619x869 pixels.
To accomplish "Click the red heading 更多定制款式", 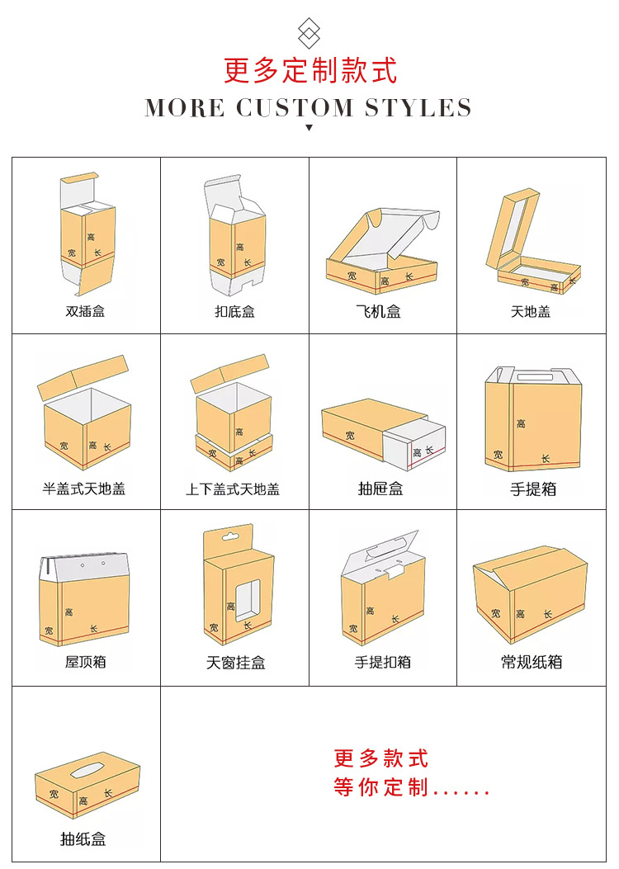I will [309, 71].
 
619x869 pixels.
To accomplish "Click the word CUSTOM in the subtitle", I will [293, 108].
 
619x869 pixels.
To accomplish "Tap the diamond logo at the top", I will [309, 33].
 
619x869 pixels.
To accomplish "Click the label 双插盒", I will [85, 312].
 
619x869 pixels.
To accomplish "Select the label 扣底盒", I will [234, 312].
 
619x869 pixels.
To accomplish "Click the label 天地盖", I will [531, 312].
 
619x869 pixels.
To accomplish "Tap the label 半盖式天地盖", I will [84, 489].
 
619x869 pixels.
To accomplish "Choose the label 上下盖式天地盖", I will [233, 489].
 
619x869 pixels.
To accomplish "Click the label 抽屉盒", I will [380, 489].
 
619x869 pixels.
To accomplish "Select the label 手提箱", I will [533, 489].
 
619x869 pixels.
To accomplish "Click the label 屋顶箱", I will [85, 662].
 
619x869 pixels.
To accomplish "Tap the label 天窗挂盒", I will [235, 663].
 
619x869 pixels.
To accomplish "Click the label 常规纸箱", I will [532, 662].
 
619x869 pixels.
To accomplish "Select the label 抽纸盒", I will [83, 839].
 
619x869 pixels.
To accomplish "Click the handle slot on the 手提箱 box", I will [534, 376].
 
